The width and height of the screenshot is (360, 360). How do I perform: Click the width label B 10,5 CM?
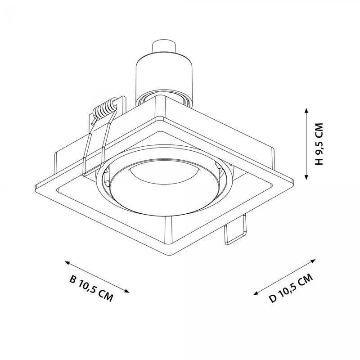[91, 288]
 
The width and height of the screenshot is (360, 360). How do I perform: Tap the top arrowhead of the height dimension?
[306, 110]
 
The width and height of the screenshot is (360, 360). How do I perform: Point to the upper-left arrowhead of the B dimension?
[67, 261]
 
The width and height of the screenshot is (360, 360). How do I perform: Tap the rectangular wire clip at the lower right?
[235, 230]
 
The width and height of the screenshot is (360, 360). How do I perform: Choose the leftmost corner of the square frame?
[35, 186]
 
